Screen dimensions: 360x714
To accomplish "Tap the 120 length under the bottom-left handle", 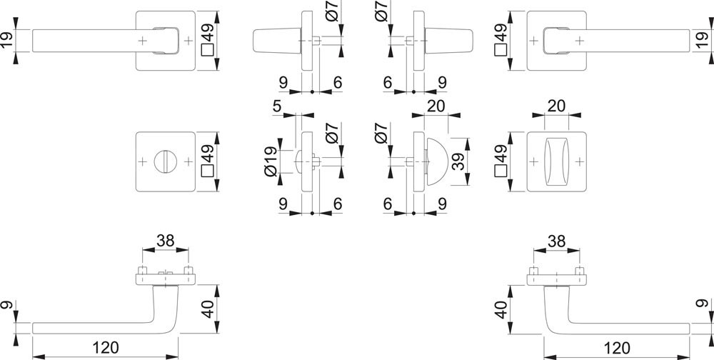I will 104,348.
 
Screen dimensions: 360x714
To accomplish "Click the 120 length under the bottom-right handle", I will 615,348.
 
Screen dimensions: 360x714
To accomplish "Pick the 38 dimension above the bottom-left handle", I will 166,241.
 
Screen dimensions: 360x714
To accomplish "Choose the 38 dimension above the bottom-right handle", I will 556,241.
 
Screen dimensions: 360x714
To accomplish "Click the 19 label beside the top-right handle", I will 705,40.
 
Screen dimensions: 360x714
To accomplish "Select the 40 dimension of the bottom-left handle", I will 208,310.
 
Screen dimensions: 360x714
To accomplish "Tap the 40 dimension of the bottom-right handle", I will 501,310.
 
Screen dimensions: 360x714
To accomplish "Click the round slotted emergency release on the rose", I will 165,161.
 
